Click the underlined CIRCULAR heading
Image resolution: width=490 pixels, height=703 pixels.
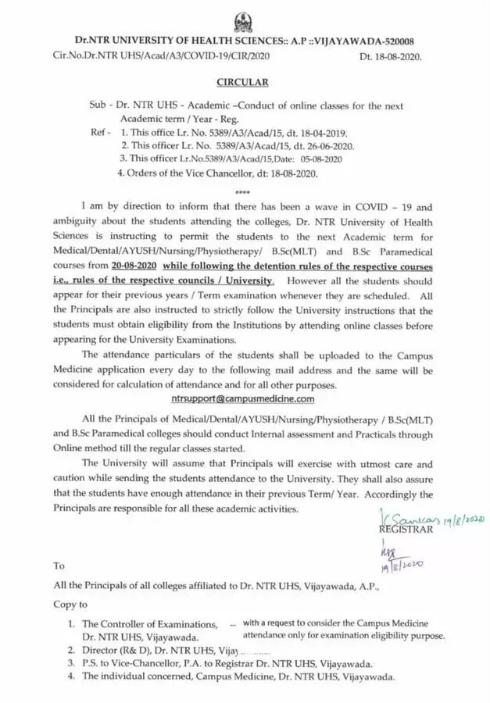243,81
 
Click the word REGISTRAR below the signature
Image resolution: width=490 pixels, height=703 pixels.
406,529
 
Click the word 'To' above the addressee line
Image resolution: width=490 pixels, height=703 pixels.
59,565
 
